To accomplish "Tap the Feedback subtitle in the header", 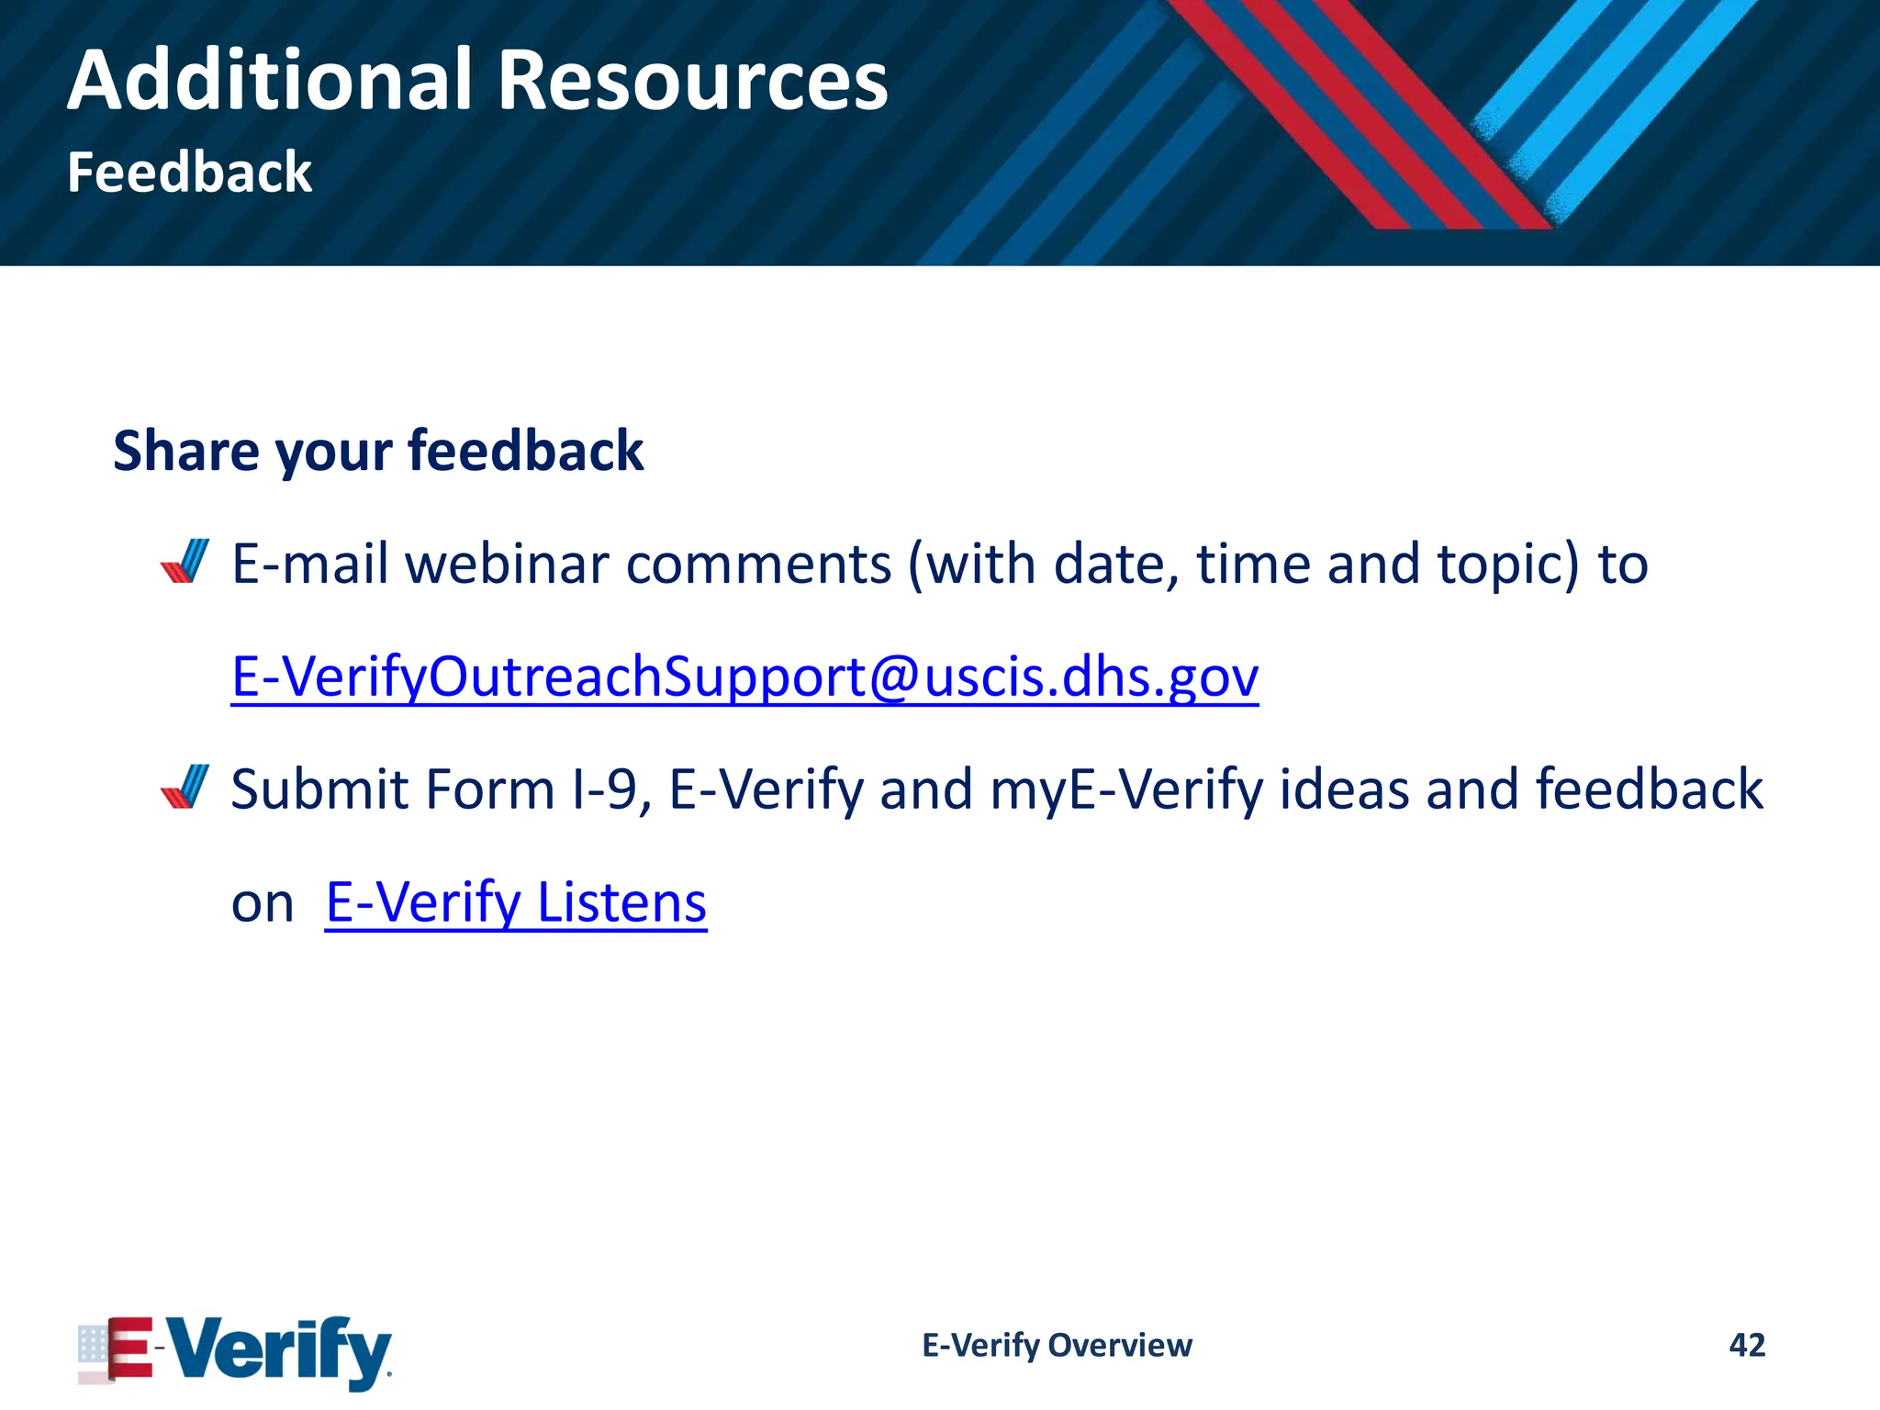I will click(x=189, y=173).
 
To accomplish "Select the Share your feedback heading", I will click(x=378, y=451).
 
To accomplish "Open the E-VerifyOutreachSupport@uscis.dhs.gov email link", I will click(x=744, y=677).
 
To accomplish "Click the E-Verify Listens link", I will click(x=516, y=902).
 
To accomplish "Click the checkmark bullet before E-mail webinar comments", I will click(x=185, y=562).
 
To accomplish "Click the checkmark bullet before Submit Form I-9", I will click(x=185, y=787).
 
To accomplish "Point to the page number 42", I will click(x=1746, y=1345).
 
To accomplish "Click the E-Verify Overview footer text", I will click(x=1057, y=1345).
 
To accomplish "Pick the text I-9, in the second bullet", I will click(x=611, y=789).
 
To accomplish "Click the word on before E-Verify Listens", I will click(x=263, y=904).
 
